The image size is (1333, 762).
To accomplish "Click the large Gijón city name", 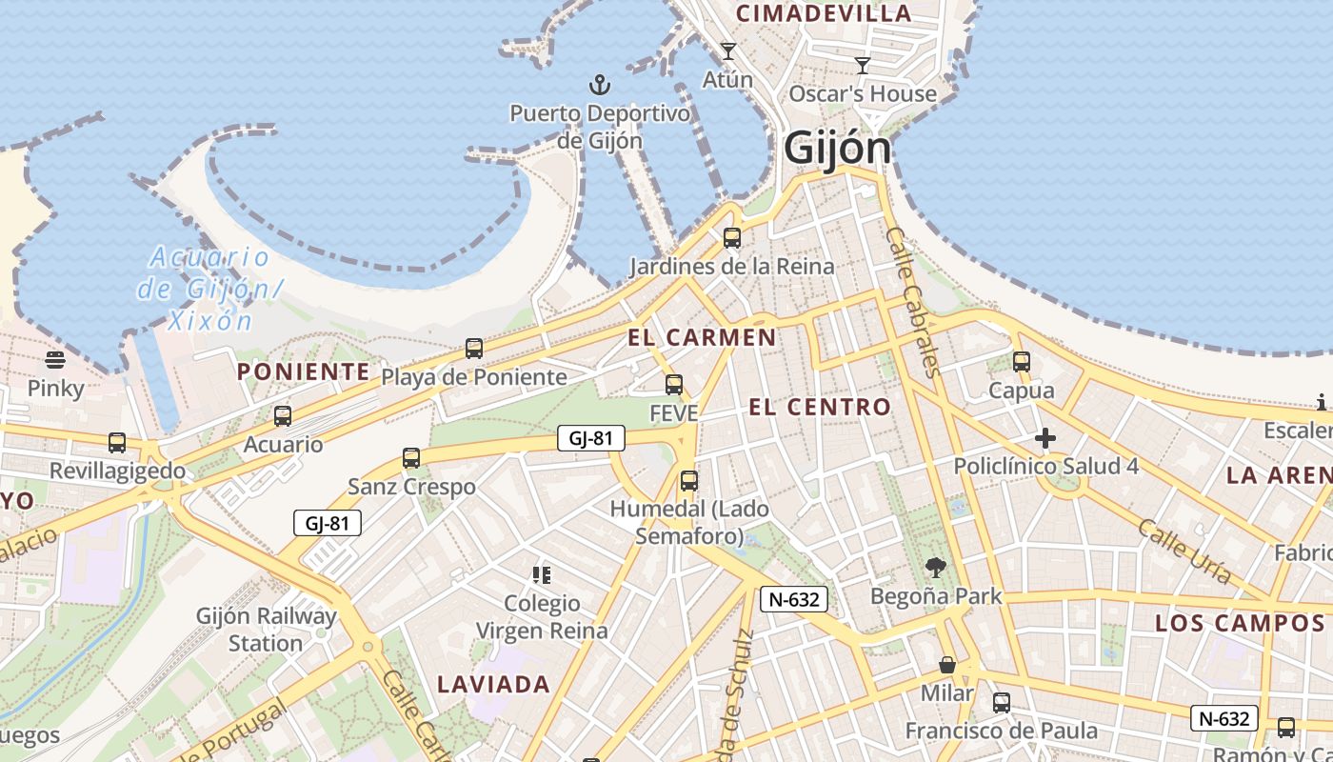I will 837,148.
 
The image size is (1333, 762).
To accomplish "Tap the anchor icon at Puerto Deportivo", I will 599,86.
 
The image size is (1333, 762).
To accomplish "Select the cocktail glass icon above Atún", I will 728,51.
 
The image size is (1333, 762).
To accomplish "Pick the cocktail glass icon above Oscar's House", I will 863,66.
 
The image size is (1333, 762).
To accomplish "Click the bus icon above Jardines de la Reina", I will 731,238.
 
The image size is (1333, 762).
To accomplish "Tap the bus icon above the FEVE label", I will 674,385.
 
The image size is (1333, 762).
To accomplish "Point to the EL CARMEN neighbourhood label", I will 702,337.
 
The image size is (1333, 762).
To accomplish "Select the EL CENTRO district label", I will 820,408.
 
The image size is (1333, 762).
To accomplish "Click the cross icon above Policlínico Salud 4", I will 1045,438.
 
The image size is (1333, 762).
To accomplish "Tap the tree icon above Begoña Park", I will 936,568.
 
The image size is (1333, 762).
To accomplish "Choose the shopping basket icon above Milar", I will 947,665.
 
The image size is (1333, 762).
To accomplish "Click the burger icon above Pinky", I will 55,360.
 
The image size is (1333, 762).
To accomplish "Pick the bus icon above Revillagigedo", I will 117,443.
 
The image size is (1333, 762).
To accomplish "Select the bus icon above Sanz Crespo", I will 411,458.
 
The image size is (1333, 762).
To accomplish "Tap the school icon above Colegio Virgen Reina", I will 542,574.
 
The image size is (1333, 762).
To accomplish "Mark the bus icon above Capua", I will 1022,362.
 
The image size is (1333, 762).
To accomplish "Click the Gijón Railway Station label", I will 267,629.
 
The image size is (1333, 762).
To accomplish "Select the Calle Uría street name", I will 1184,551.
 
